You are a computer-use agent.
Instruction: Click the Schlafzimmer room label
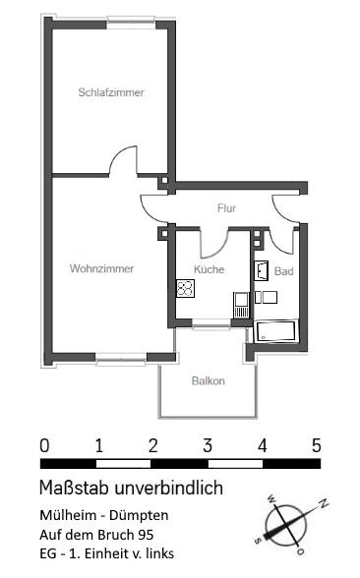coord(111,92)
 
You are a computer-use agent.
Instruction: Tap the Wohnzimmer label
coord(101,267)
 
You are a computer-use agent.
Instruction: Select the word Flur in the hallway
coord(227,207)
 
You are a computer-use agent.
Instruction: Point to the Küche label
coord(209,268)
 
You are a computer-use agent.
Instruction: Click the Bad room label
coord(283,270)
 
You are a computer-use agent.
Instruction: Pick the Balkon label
coord(208,380)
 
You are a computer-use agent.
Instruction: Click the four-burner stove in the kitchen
coord(184,288)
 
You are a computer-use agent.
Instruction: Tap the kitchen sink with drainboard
coord(240,305)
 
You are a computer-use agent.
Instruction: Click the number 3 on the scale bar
coord(208,445)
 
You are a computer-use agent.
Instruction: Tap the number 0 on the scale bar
coord(44,445)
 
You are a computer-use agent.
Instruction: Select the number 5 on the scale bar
coord(316,445)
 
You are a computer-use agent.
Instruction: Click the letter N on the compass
coord(323,504)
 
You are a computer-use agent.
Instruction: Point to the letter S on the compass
coord(259,539)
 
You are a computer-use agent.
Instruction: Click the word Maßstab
coord(75,488)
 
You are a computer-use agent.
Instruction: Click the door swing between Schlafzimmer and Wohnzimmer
coord(125,160)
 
